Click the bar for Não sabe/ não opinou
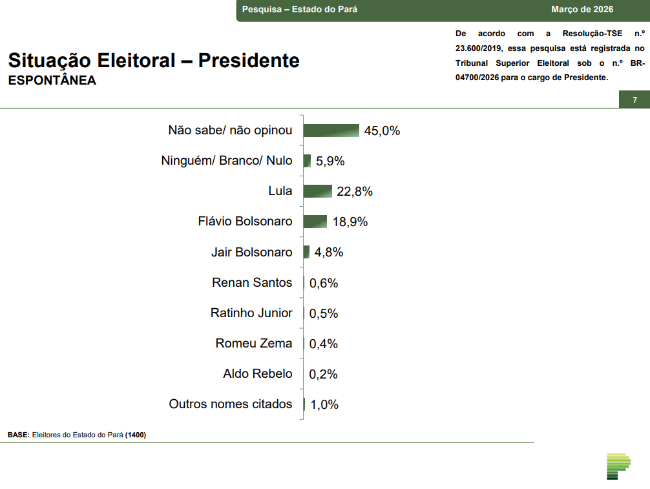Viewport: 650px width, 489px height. tap(331, 130)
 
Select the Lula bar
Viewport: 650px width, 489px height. tap(317, 191)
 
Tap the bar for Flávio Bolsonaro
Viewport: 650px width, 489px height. tap(315, 222)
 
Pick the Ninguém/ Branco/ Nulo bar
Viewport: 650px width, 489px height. tap(308, 161)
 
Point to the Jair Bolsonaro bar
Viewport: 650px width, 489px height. tap(307, 252)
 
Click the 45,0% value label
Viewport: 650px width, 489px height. tap(382, 131)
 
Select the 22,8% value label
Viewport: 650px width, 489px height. tap(355, 192)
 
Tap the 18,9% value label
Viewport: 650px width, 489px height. tap(350, 222)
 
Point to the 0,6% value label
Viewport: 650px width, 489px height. tap(324, 283)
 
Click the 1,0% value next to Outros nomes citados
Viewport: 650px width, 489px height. tap(324, 405)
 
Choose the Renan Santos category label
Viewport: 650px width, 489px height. tap(252, 282)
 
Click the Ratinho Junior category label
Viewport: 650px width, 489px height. tap(251, 313)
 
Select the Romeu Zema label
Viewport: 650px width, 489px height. tap(254, 344)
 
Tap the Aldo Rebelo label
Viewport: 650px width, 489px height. tap(258, 374)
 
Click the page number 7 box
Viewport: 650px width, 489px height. tap(634, 100)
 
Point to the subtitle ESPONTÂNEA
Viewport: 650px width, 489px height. tap(52, 81)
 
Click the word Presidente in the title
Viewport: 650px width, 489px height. tap(249, 61)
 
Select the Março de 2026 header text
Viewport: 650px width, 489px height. tap(582, 10)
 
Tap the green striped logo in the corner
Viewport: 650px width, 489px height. tap(618, 466)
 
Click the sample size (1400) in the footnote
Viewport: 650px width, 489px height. tap(136, 435)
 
